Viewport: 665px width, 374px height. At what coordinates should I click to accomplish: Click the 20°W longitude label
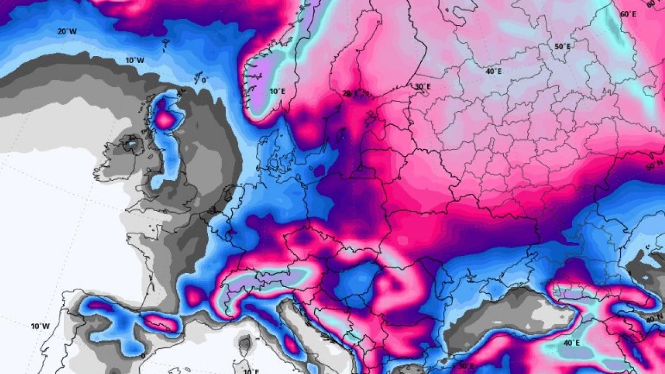click(66, 32)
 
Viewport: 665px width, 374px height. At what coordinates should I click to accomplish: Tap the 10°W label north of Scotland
click(134, 60)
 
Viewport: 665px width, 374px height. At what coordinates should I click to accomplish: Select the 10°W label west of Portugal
click(40, 326)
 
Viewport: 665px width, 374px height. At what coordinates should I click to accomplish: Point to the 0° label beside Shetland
click(204, 80)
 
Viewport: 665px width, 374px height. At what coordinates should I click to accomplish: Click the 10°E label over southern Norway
click(277, 91)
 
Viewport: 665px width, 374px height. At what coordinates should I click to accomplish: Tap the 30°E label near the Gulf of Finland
click(422, 86)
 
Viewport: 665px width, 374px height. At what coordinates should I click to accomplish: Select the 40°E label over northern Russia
click(493, 71)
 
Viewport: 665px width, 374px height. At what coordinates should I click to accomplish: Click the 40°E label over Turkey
click(571, 343)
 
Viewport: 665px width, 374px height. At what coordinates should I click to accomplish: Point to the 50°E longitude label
click(561, 47)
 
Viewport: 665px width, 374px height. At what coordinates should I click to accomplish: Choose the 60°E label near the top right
click(628, 14)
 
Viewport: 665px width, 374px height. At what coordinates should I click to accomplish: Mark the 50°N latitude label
click(654, 165)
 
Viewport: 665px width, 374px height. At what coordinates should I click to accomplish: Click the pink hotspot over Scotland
click(165, 118)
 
